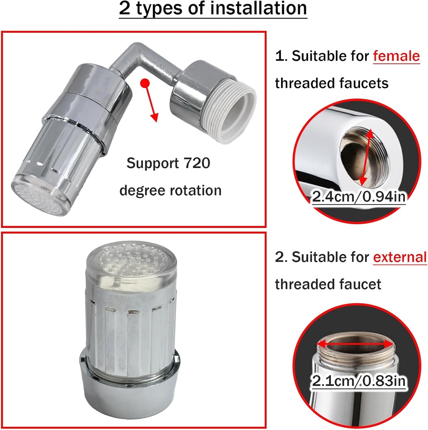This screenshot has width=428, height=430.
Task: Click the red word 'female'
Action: pyautogui.click(x=396, y=55)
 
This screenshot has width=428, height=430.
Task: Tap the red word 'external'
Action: pyautogui.click(x=399, y=257)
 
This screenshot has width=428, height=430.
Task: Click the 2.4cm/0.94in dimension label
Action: pyautogui.click(x=359, y=196)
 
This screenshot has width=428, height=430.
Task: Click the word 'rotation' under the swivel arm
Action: pyautogui.click(x=195, y=190)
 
